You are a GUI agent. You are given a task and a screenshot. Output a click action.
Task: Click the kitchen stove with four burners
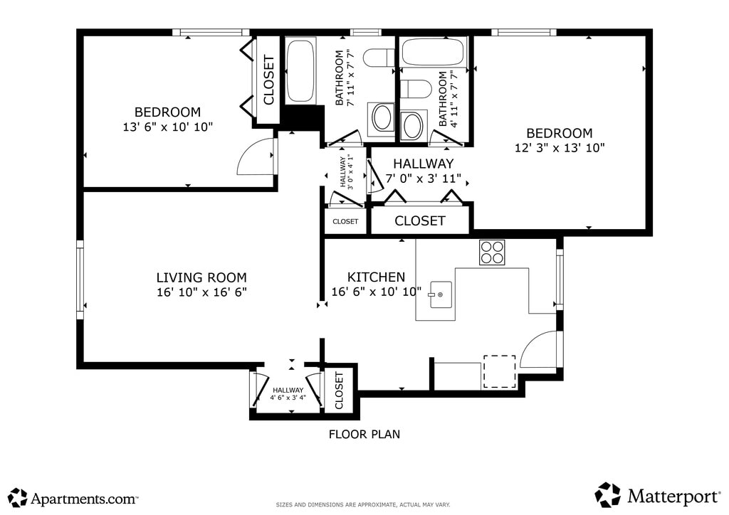click(x=492, y=252)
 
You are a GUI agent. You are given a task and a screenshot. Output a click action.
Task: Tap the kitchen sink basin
click(x=441, y=294)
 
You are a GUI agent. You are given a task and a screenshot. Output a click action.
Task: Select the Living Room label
click(x=201, y=277)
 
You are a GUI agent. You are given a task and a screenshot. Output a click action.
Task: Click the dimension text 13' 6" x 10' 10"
click(x=167, y=127)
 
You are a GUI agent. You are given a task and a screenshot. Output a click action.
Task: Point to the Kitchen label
click(x=376, y=277)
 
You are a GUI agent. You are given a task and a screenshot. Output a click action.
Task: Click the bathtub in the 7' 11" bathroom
click(x=300, y=70)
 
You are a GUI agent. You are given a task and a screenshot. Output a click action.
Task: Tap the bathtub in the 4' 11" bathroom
click(x=432, y=52)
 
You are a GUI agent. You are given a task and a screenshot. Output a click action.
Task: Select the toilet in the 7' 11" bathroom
click(x=379, y=58)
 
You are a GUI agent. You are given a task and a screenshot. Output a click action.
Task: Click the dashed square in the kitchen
click(x=499, y=371)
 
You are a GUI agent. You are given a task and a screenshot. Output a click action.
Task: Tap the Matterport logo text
click(x=673, y=497)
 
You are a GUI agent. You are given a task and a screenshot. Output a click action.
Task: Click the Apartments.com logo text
click(x=84, y=499)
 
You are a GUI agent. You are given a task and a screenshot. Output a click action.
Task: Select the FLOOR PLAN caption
click(x=364, y=434)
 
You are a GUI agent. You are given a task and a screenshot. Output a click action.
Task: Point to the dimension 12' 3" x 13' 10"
click(x=560, y=148)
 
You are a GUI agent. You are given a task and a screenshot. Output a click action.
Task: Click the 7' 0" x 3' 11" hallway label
click(x=423, y=179)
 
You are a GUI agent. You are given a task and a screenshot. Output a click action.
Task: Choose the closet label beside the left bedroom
click(x=268, y=80)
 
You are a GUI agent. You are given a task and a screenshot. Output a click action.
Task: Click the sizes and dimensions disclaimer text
click(x=363, y=504)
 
